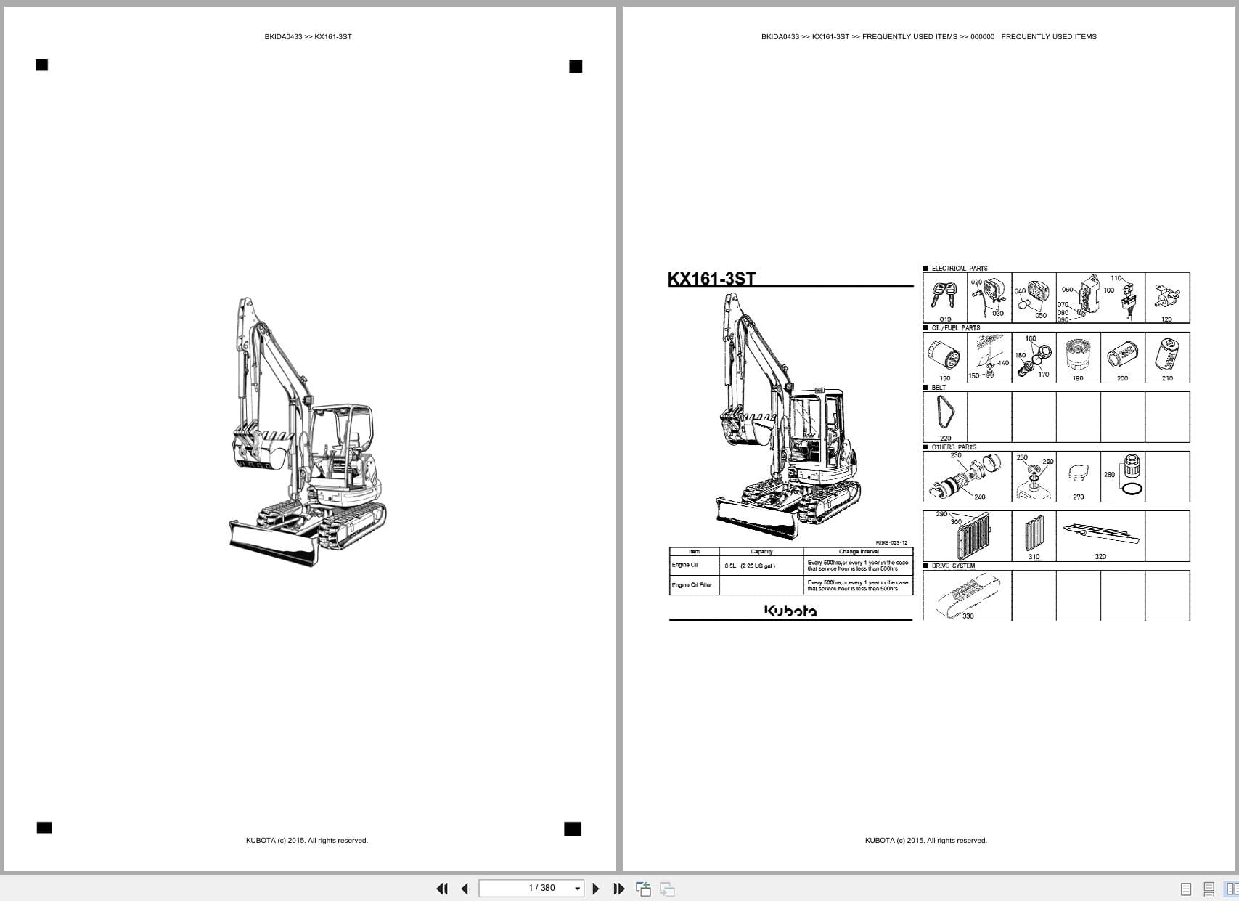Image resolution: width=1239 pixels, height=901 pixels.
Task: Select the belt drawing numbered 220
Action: point(945,414)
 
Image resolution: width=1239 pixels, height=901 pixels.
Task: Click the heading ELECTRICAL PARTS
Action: point(959,269)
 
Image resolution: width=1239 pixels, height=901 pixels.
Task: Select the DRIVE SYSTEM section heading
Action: point(953,566)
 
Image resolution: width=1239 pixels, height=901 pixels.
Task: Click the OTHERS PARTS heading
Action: point(954,447)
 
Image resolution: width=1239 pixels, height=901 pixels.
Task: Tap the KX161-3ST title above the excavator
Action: point(711,279)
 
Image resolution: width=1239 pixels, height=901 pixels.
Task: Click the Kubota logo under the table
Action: point(790,611)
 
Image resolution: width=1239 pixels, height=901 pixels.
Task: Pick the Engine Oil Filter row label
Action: point(692,585)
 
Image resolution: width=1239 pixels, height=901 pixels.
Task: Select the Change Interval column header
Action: point(858,552)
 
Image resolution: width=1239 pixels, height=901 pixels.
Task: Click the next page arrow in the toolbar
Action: point(596,889)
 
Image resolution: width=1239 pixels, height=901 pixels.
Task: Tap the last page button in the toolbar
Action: point(619,889)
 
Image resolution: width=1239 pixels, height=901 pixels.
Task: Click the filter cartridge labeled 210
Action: point(1167,355)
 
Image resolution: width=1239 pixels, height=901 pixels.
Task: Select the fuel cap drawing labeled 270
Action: point(1078,474)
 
